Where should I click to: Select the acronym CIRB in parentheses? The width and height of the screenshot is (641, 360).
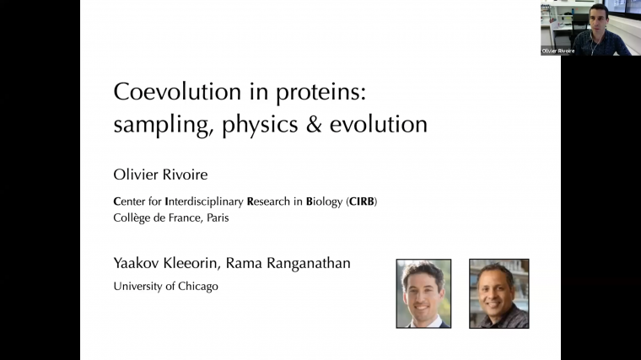363,201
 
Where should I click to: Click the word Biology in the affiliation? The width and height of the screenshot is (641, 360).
324,201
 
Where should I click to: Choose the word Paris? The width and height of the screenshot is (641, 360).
215,217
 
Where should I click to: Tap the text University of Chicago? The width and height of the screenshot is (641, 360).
165,286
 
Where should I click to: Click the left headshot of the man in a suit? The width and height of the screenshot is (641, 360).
423,293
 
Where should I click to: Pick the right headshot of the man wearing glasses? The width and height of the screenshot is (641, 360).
498,293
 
